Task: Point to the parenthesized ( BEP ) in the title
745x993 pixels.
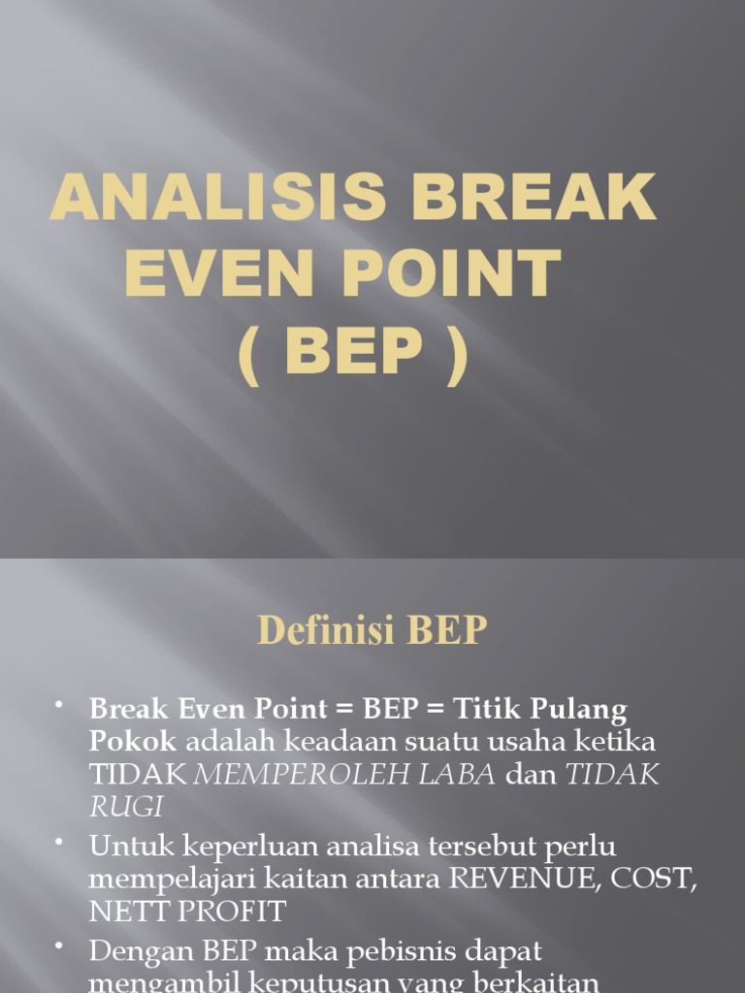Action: (355, 353)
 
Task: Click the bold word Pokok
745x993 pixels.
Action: (133, 742)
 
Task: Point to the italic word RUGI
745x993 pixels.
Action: (126, 807)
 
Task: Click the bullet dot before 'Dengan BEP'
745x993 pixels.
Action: (61, 945)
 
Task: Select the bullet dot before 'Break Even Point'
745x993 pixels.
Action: (61, 703)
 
